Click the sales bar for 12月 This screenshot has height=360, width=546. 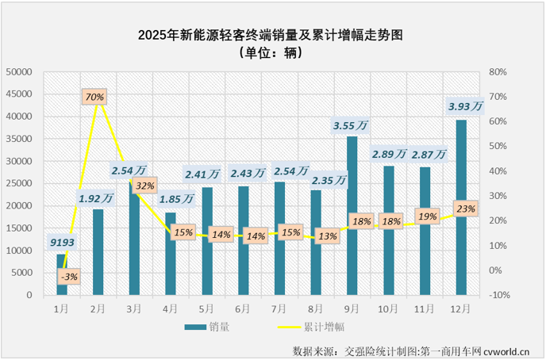pyautogui.click(x=461, y=207)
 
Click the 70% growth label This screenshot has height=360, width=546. pyautogui.click(x=95, y=97)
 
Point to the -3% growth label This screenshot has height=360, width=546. pyautogui.click(x=67, y=276)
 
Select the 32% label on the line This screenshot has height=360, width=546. pyautogui.click(x=145, y=186)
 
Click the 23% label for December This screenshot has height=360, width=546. pyautogui.click(x=466, y=209)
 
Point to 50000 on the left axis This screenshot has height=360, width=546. pyautogui.click(x=18, y=71)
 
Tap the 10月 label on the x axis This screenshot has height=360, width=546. pyautogui.click(x=389, y=306)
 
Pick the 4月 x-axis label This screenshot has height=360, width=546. pyautogui.click(x=171, y=306)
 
